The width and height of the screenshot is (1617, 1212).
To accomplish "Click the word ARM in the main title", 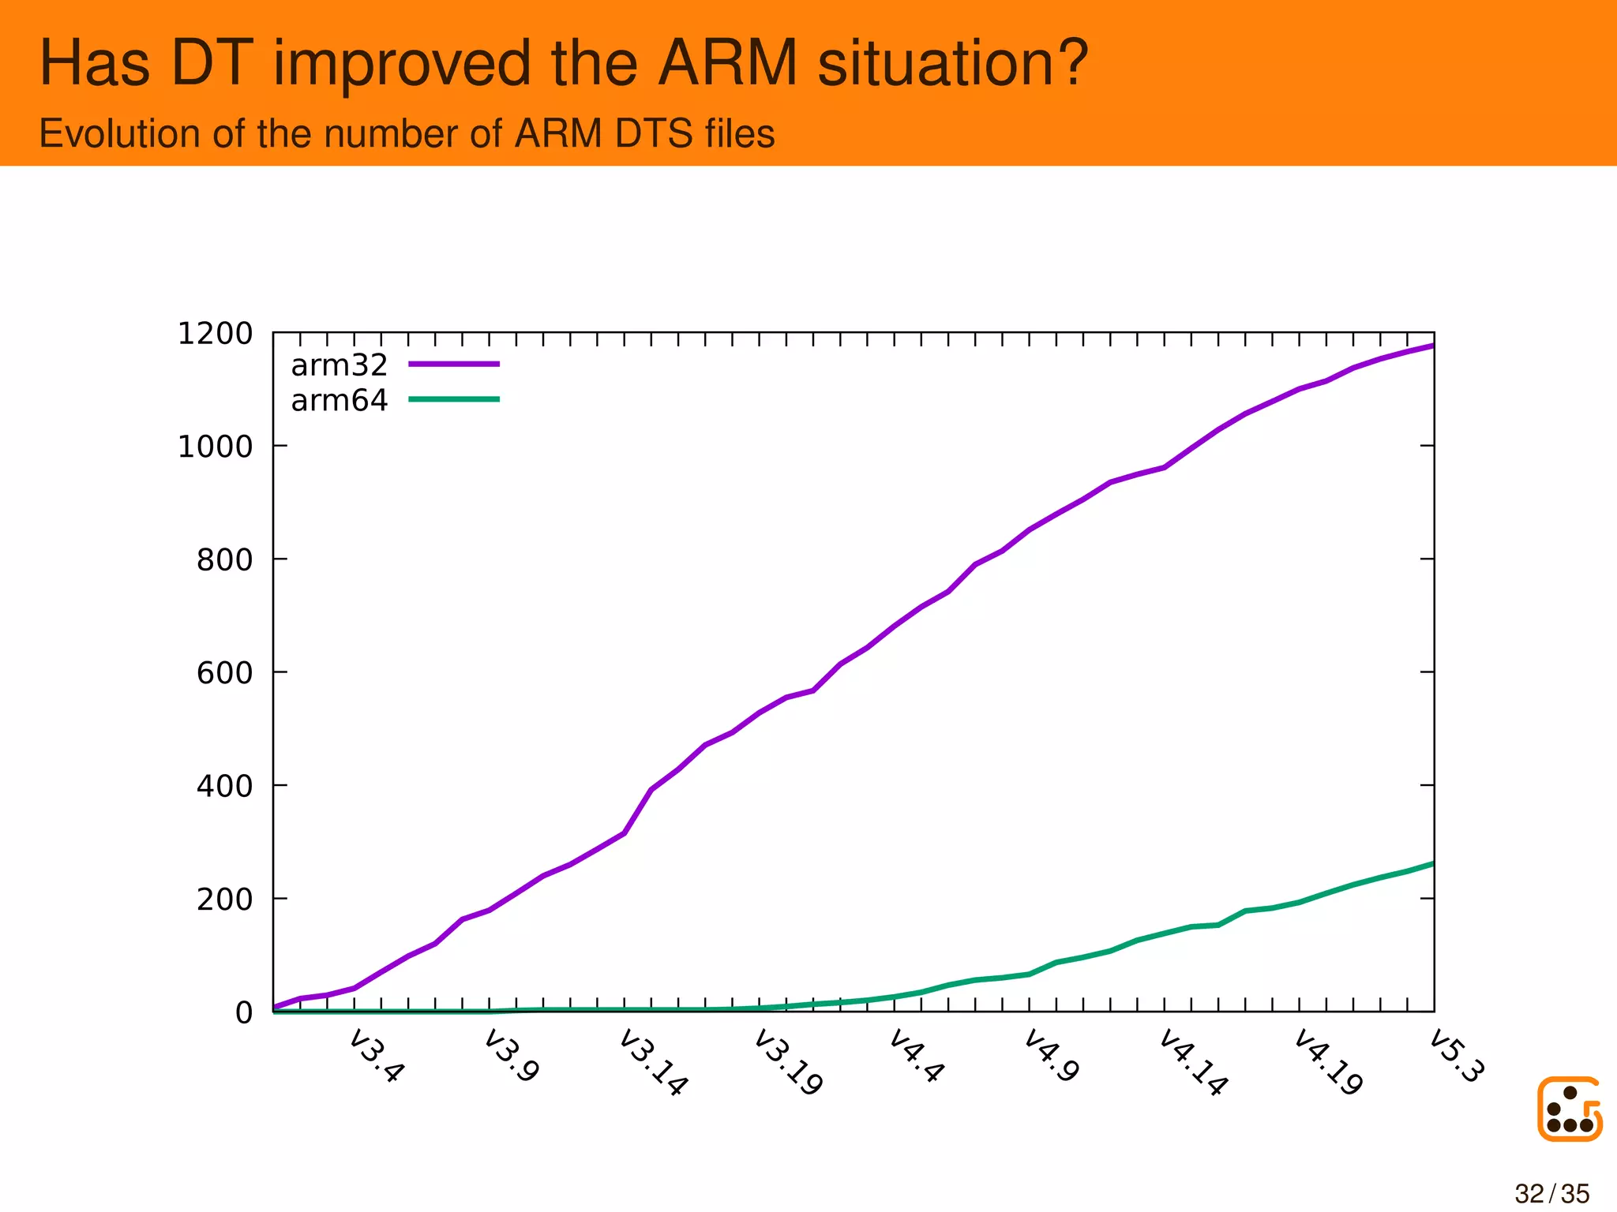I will click(x=727, y=63).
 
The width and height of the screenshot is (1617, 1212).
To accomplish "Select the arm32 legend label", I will click(x=339, y=365).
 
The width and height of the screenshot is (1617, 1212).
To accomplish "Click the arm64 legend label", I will click(x=339, y=401).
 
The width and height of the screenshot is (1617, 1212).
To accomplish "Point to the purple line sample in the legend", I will click(x=454, y=364).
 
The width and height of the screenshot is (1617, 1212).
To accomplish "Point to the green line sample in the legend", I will click(x=454, y=399).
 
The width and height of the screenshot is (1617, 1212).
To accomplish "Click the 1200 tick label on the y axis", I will click(x=215, y=334).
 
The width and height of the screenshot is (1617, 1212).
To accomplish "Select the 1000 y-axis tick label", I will click(x=215, y=447).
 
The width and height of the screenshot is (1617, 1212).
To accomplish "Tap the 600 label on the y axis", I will click(x=224, y=673).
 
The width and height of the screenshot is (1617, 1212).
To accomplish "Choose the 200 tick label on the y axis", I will click(x=224, y=900).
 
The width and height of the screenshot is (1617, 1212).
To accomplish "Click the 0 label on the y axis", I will click(x=243, y=1012).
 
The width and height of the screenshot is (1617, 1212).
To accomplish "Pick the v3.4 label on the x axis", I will click(x=377, y=1056).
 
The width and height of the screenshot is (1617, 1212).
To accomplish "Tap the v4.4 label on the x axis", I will click(x=916, y=1056).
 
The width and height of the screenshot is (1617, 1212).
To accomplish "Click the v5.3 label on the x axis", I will click(x=1457, y=1056).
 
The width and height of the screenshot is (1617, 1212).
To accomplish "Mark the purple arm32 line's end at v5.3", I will click(x=1432, y=346).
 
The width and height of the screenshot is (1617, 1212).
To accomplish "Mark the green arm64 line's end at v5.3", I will click(x=1432, y=864).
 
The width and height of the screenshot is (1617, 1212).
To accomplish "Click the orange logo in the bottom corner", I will click(x=1569, y=1109).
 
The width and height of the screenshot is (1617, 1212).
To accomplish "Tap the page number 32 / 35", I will click(x=1551, y=1194).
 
